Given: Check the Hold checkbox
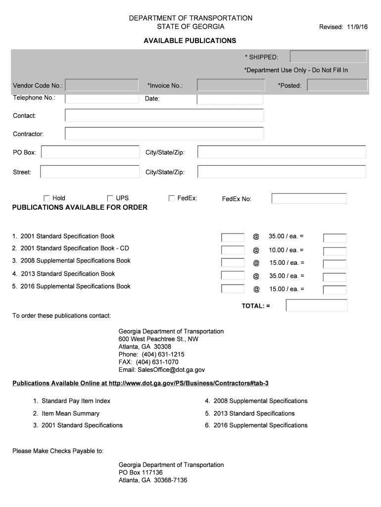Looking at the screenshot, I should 47,198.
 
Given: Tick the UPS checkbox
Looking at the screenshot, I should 110,198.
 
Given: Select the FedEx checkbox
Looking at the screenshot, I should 172,198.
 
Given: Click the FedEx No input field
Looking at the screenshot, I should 309,199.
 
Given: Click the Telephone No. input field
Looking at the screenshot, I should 102,98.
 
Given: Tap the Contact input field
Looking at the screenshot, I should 164,115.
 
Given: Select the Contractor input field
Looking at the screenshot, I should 164,134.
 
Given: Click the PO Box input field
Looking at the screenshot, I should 91,152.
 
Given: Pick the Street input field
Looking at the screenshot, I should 90,172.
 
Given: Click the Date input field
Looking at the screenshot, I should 230,99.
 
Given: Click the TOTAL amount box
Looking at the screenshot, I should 317,306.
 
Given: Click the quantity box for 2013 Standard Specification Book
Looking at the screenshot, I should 233,275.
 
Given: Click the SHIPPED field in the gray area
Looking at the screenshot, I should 328,57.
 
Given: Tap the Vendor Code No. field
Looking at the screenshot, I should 102,85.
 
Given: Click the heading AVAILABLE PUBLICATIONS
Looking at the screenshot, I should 190,40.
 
